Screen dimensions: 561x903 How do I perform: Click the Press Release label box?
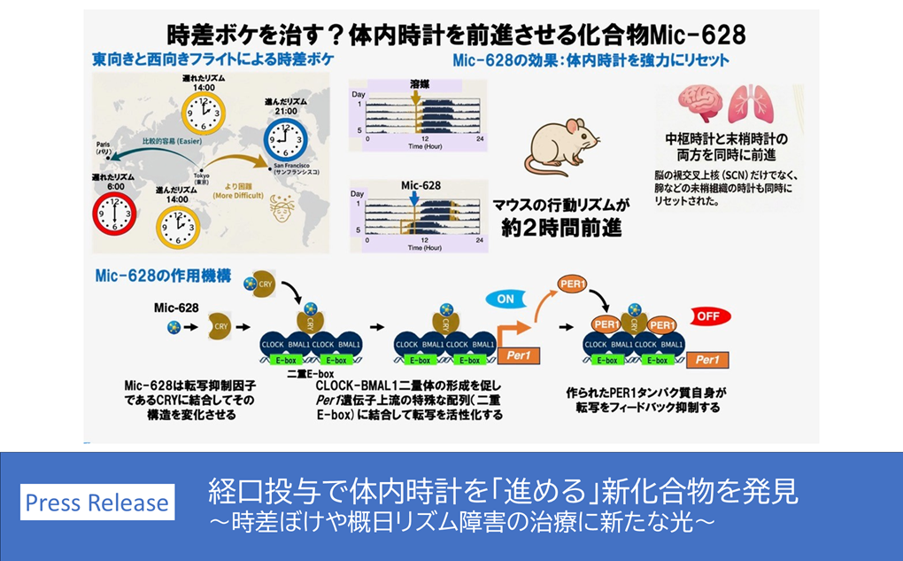coord(96,503)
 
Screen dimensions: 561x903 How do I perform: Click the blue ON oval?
coord(506,300)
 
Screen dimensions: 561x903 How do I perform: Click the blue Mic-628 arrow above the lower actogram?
coord(413,199)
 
